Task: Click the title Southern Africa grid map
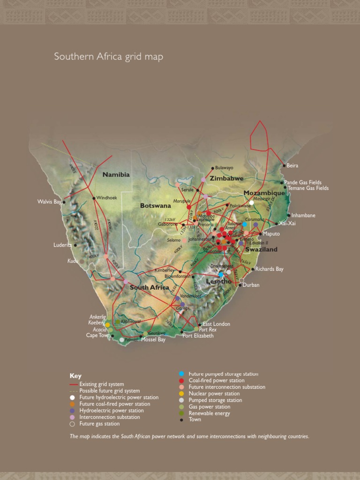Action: (109, 57)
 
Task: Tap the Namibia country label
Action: (116, 175)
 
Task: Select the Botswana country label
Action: (155, 205)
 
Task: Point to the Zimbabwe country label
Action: (226, 179)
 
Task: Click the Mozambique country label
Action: (264, 193)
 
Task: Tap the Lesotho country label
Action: (218, 281)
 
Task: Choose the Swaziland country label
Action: (261, 249)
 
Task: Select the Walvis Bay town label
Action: (49, 202)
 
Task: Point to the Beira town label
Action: (292, 165)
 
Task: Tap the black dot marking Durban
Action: (240, 285)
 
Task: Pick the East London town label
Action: (216, 324)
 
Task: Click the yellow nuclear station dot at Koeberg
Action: (107, 324)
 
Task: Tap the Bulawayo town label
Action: (224, 168)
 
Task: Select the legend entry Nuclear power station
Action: (214, 394)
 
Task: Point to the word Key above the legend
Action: (75, 376)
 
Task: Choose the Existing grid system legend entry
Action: (102, 384)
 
